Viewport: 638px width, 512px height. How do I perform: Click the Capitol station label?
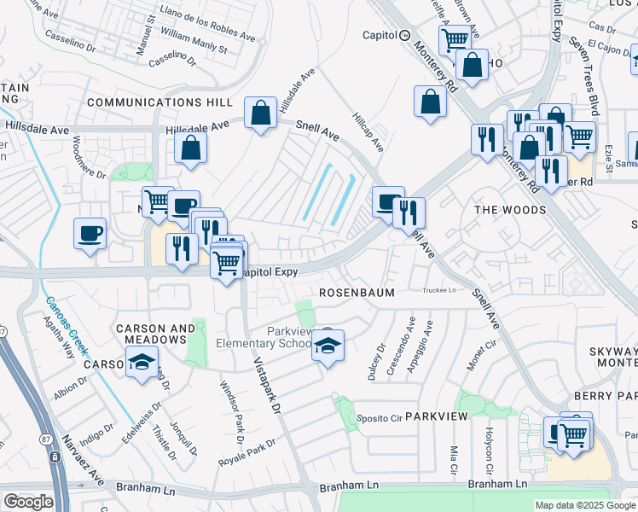pos(380,35)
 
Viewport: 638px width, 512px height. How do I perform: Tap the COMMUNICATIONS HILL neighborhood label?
pos(159,102)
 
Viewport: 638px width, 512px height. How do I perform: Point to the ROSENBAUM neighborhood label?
pos(357,292)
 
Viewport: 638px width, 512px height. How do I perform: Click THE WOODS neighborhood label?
pos(510,210)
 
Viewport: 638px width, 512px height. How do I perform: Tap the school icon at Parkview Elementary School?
pos(327,345)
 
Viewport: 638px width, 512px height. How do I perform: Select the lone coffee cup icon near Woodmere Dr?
pos(90,233)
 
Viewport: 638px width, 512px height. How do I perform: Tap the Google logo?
pos(27,503)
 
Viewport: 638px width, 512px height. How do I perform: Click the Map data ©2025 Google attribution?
pos(585,505)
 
